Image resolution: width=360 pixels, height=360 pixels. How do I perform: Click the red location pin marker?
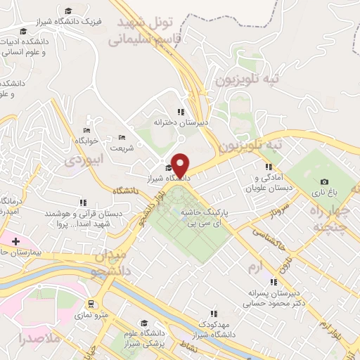coord(181,166)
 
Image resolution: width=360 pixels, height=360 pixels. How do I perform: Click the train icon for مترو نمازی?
coord(91,304)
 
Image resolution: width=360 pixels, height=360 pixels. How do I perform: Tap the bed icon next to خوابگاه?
coord(86,131)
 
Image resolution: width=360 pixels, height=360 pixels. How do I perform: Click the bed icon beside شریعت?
coord(122,137)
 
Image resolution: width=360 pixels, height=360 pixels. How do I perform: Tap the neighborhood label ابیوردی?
coord(84,160)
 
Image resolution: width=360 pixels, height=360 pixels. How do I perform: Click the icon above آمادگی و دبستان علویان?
coord(269,167)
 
